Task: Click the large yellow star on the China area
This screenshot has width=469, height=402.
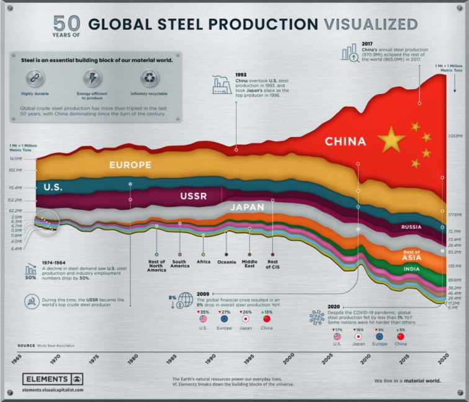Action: [x=391, y=140]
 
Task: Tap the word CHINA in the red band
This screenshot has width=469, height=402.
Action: [x=351, y=141]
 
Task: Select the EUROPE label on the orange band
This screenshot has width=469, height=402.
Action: [x=130, y=165]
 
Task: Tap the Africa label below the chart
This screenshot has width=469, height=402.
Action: [x=203, y=262]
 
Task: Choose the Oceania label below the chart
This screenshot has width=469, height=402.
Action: [x=226, y=262]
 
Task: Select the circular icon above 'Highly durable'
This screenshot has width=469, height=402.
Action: [x=35, y=78]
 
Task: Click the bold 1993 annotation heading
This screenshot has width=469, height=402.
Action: [x=242, y=74]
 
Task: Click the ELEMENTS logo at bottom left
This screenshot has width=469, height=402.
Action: [x=53, y=380]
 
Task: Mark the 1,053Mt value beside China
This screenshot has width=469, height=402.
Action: [x=456, y=136]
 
